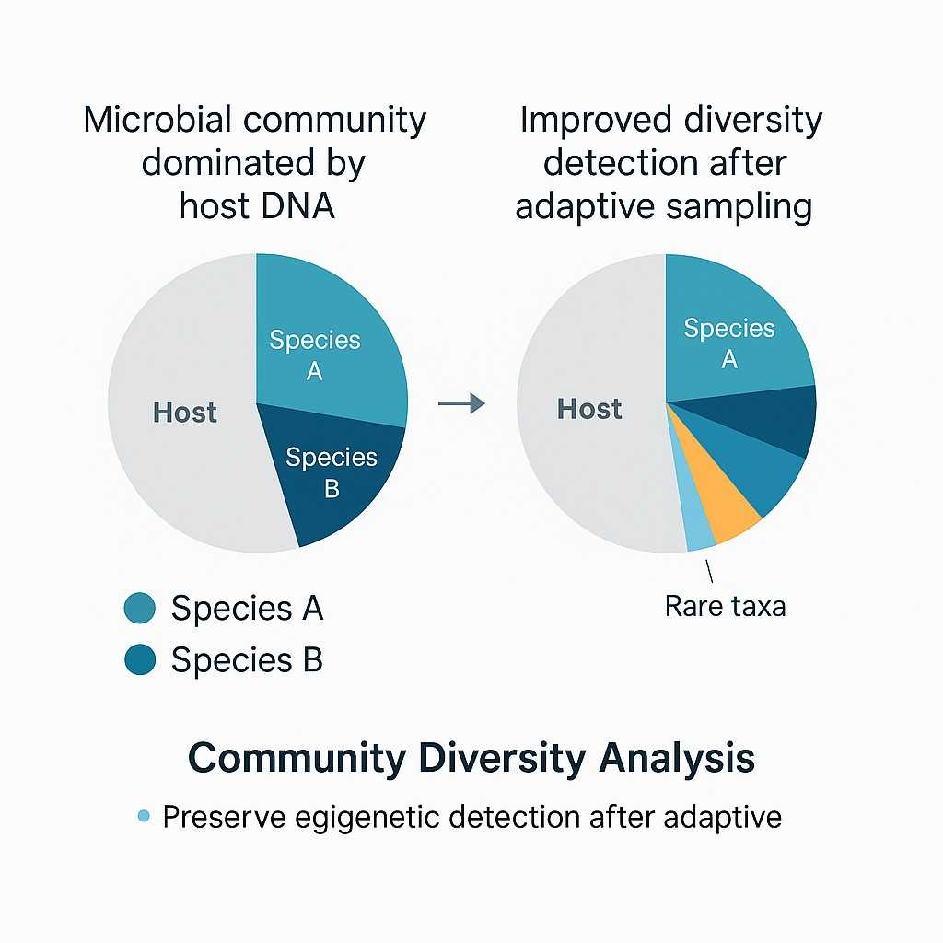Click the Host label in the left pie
point(185,413)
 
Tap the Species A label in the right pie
point(729,343)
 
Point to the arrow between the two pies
point(461,403)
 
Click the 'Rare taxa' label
point(725,607)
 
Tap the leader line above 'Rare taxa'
point(709,571)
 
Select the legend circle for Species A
point(139,608)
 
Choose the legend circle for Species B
point(139,660)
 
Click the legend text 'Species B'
point(247,660)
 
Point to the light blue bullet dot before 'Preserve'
point(143,816)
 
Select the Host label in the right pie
point(589,409)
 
